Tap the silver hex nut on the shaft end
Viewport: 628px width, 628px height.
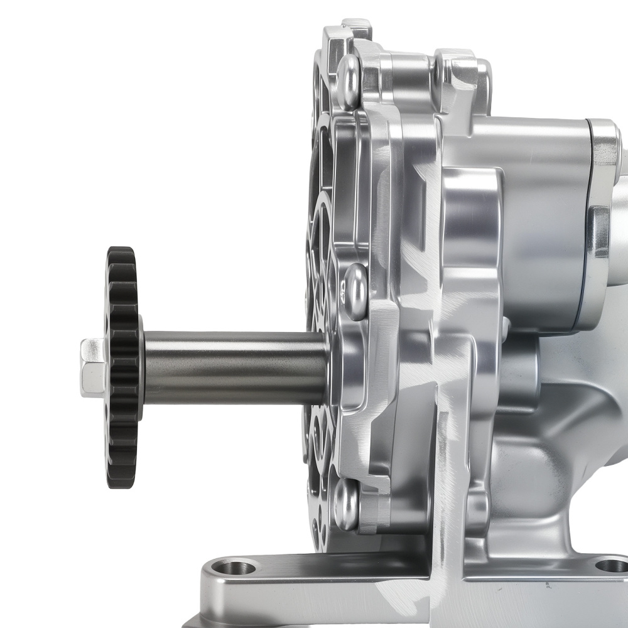[x=92, y=367]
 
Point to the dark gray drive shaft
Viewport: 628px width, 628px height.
[x=232, y=367]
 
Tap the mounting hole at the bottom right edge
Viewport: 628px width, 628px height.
[x=610, y=565]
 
